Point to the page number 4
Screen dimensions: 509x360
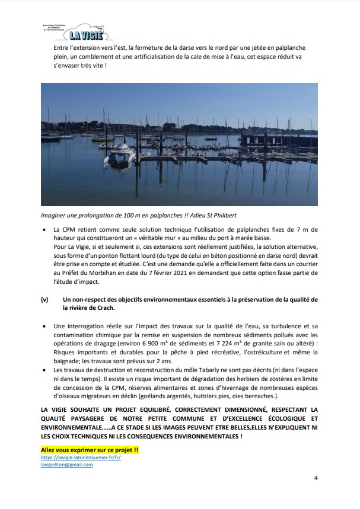click(x=316, y=478)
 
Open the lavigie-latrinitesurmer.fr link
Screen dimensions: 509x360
click(x=81, y=458)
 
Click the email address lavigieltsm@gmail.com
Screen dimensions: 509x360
click(x=67, y=465)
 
